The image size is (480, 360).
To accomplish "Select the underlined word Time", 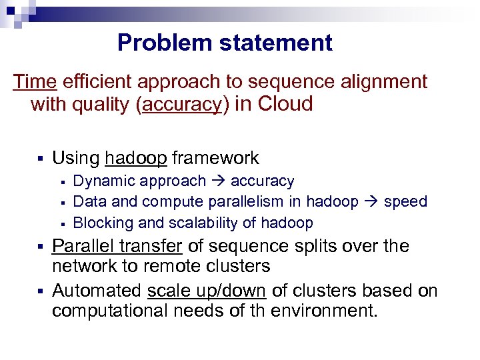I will [35, 82].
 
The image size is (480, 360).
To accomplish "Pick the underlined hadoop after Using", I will [136, 159].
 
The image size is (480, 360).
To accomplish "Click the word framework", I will [216, 159].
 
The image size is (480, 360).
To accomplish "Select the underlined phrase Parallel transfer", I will [117, 247].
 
